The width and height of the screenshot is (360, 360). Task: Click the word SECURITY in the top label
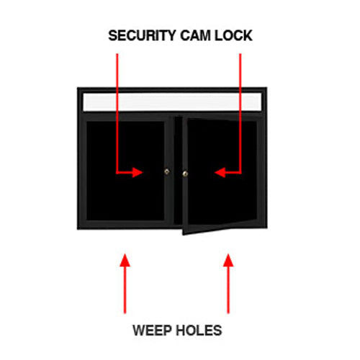142,35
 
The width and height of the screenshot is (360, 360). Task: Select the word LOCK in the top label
233,35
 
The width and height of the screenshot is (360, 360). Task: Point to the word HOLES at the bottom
198,330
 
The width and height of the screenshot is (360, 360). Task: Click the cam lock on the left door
167,171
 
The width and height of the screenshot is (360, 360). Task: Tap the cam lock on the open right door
185,174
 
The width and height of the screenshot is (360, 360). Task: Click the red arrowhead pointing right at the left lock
138,172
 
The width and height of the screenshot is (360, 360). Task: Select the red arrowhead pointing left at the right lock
220,172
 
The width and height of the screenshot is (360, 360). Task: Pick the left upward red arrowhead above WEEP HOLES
125,261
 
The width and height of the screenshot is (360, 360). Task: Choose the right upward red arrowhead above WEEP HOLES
228,261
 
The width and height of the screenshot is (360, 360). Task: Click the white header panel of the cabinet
172,102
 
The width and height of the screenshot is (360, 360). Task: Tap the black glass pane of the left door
125,171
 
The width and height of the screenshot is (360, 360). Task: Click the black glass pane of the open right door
222,171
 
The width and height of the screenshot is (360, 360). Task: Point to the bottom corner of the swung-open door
183,235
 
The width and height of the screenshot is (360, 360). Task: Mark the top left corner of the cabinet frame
77,88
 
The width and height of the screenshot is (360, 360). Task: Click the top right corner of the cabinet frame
267,88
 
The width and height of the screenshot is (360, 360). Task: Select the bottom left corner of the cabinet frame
77,230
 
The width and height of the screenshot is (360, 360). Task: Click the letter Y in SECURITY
171,35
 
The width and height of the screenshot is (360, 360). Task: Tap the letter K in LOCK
248,35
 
